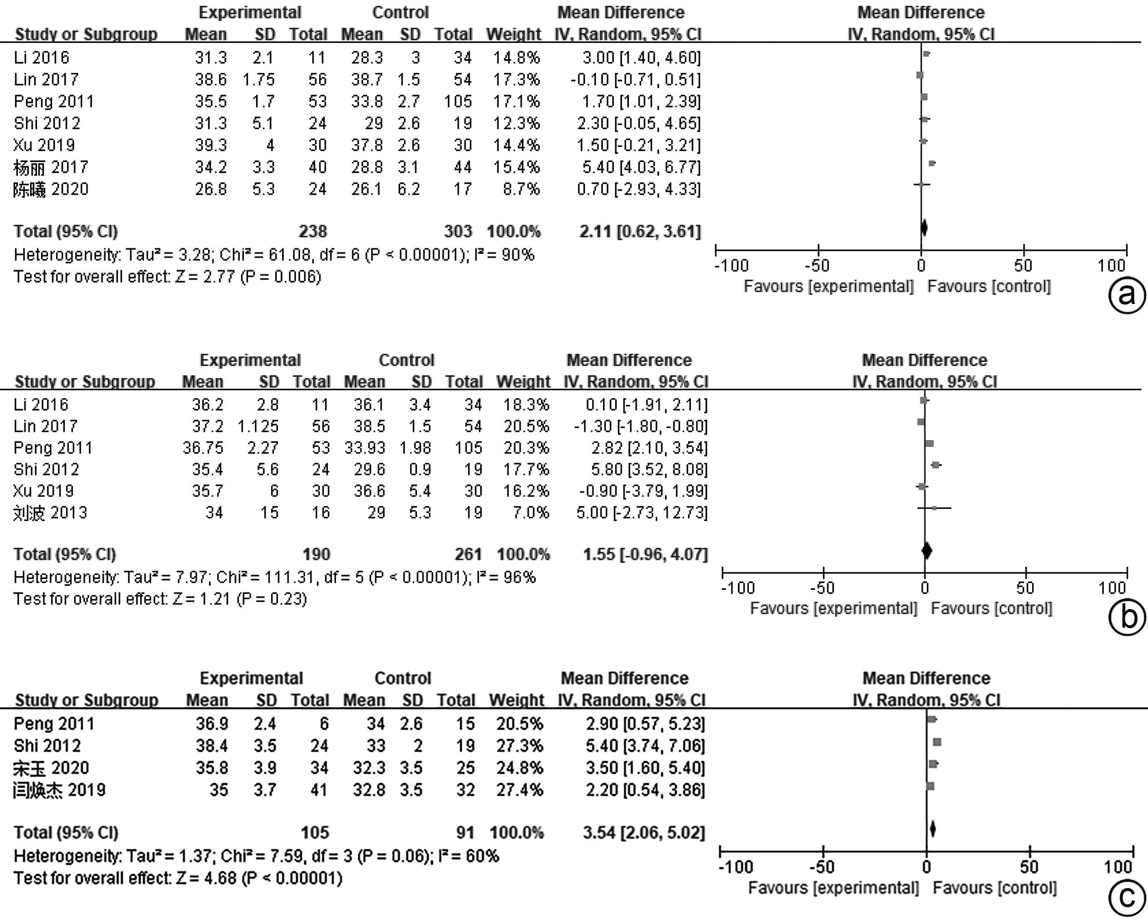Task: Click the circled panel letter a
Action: [x=1126, y=295]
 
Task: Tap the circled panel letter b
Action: [x=1126, y=617]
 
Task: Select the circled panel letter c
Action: [x=1126, y=897]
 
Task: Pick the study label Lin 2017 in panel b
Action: [x=46, y=427]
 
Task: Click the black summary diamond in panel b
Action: [x=926, y=551]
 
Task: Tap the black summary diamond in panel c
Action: [x=932, y=830]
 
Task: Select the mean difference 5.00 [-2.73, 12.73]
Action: [x=641, y=513]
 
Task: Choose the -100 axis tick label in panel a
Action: [x=732, y=266]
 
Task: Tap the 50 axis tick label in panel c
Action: [x=1029, y=867]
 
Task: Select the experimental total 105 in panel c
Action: [x=315, y=833]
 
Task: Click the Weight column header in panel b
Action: [x=523, y=382]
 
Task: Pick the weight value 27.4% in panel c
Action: [x=520, y=790]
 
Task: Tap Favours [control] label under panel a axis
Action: [x=989, y=287]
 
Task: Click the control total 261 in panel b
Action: [x=468, y=554]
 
